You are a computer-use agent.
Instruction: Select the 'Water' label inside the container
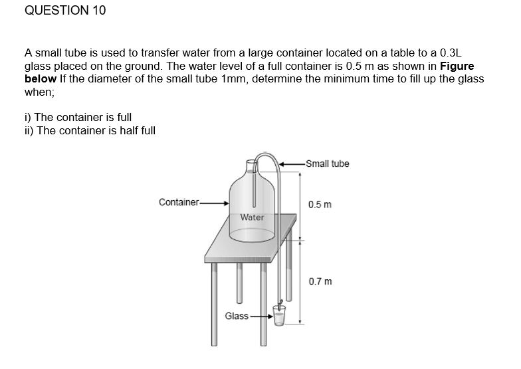click(x=252, y=217)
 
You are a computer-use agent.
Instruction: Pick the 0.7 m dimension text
click(x=320, y=281)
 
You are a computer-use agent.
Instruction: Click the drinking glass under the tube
click(x=279, y=316)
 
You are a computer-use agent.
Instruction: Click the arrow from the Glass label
click(x=260, y=316)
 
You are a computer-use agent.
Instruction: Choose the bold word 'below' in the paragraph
click(x=41, y=78)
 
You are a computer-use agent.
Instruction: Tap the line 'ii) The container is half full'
click(x=90, y=130)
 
